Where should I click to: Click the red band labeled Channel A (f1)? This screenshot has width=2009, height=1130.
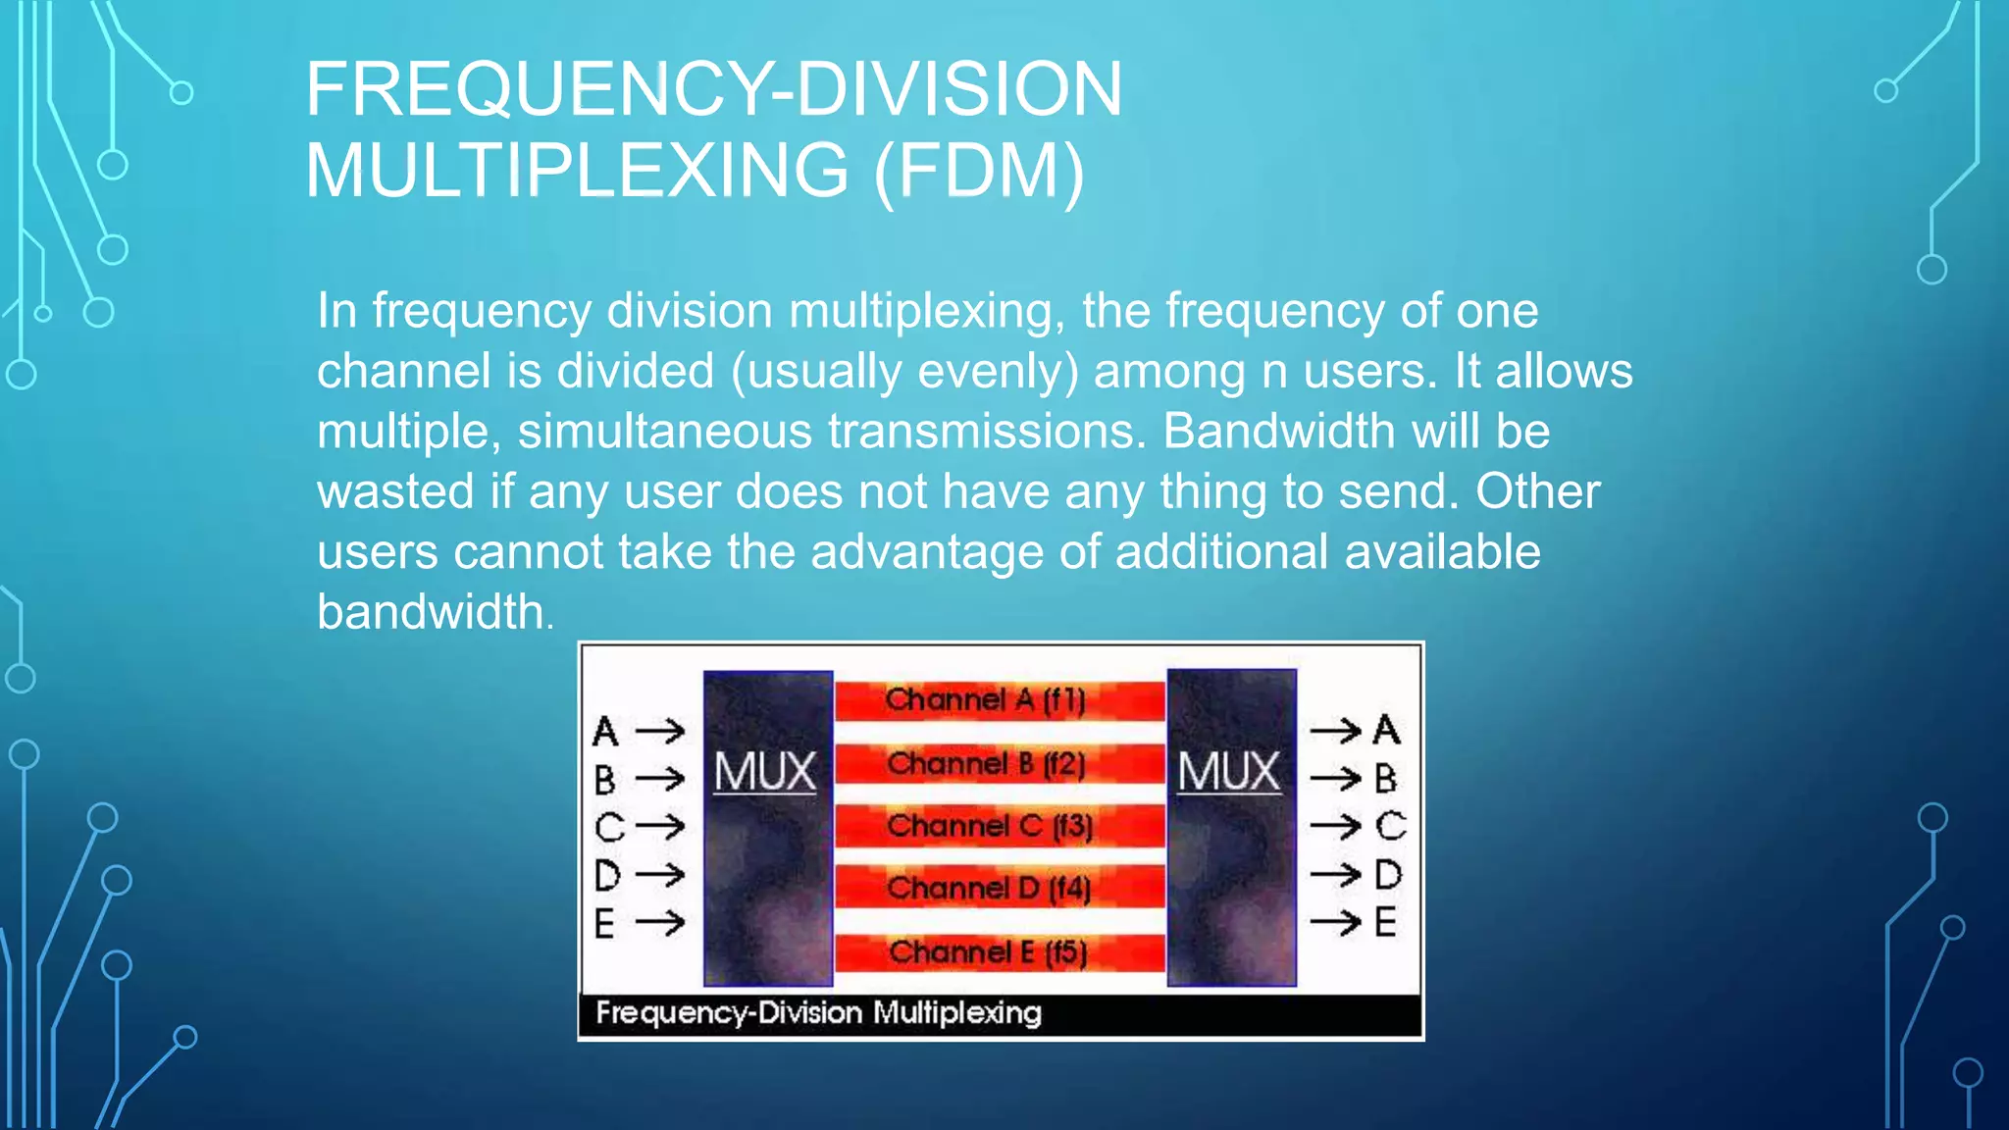985,700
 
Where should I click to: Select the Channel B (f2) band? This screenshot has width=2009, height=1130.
985,764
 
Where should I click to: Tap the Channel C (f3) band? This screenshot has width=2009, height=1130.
989,827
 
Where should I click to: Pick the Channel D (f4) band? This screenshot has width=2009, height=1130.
989,889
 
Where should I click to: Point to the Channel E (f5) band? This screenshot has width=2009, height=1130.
989,952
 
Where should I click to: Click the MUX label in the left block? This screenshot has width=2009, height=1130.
765,772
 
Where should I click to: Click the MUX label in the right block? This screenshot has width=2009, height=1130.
1229,772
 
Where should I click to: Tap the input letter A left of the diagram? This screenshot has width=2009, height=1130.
605,732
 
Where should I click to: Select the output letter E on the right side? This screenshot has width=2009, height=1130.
1385,923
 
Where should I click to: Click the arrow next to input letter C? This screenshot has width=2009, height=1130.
660,827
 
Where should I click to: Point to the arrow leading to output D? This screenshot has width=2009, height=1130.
1336,874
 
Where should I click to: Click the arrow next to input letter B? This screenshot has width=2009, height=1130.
660,780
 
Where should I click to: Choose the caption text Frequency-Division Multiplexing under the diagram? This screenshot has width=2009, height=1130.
818,1013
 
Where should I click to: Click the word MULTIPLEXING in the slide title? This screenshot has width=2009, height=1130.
577,171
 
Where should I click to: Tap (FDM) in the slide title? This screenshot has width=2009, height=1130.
979,171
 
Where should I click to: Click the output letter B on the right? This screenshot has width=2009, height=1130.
1385,779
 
